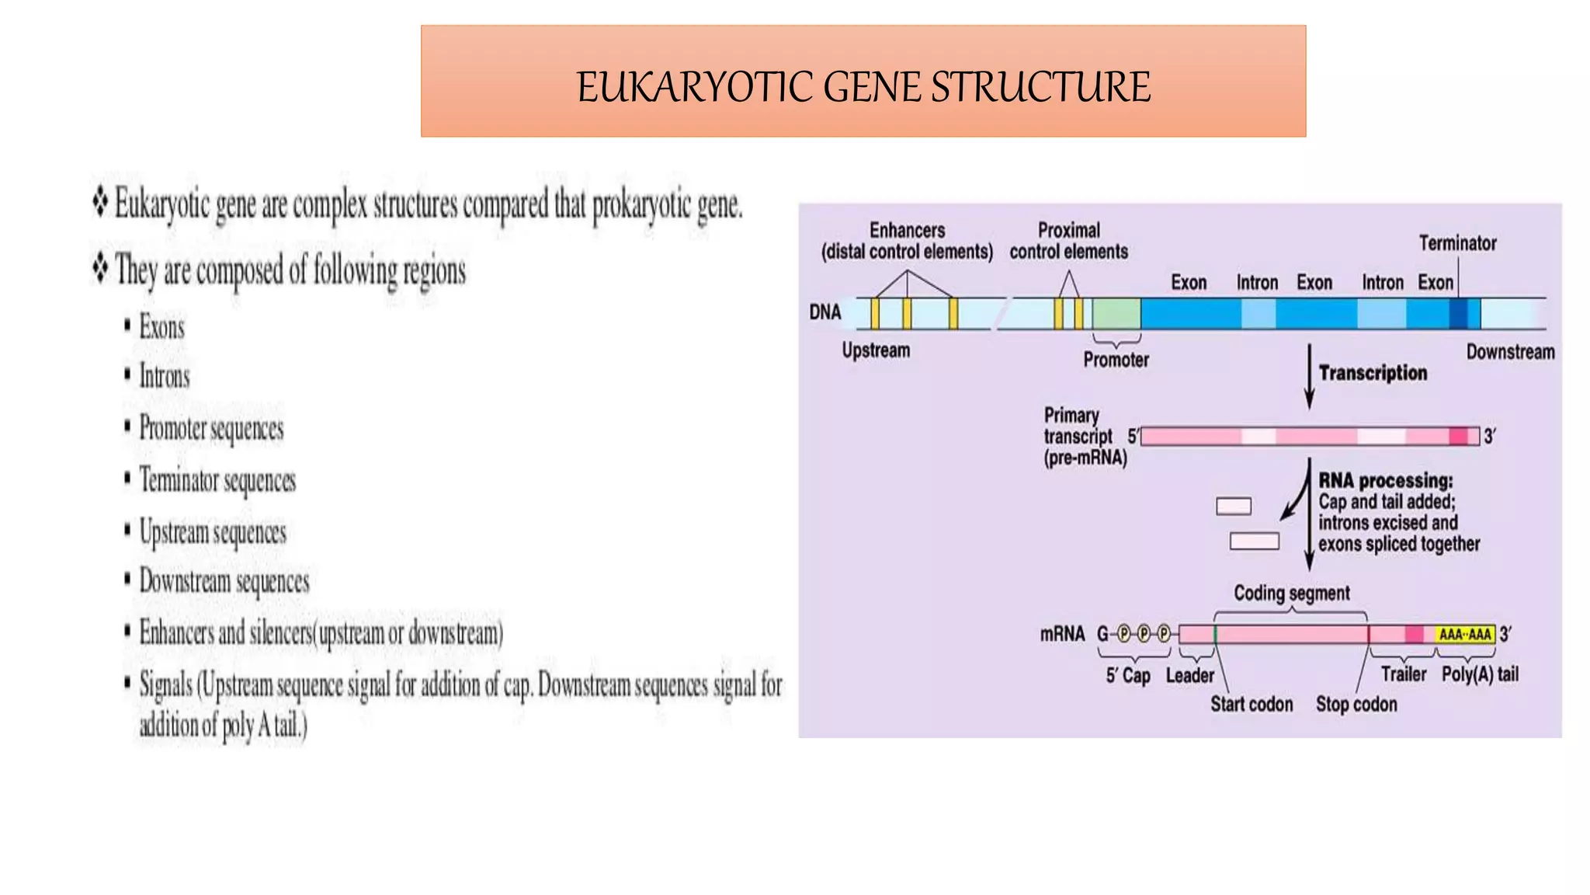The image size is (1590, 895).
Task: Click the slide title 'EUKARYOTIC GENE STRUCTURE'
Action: pyautogui.click(x=863, y=86)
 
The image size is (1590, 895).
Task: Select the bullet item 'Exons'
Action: pyautogui.click(x=161, y=328)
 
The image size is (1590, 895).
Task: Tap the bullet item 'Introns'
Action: pyautogui.click(x=164, y=377)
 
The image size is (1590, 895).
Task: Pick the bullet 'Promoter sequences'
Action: pyautogui.click(x=211, y=429)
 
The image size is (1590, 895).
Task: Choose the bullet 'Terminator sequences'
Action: pyautogui.click(x=217, y=481)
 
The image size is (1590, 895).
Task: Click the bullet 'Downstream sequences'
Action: pyautogui.click(x=224, y=582)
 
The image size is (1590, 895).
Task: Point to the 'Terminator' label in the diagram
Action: pyautogui.click(x=1457, y=243)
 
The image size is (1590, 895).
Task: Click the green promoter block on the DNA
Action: pyautogui.click(x=1116, y=313)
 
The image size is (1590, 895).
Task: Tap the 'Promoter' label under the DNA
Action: pyautogui.click(x=1116, y=360)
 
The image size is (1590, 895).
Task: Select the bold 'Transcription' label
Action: pyautogui.click(x=1373, y=373)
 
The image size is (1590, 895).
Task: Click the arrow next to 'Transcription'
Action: pyautogui.click(x=1309, y=377)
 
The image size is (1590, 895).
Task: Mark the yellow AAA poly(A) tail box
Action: pyautogui.click(x=1464, y=634)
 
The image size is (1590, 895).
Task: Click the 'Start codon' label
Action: pyautogui.click(x=1252, y=704)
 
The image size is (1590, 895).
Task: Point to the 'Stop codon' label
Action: pyautogui.click(x=1356, y=704)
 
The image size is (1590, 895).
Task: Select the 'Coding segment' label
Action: pyautogui.click(x=1292, y=594)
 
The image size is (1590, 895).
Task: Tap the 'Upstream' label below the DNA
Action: pyautogui.click(x=876, y=350)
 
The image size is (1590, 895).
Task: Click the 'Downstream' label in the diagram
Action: pyautogui.click(x=1510, y=352)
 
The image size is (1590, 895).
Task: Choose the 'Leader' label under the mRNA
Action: pyautogui.click(x=1189, y=676)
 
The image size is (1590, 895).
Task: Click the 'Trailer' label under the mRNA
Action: pyautogui.click(x=1403, y=674)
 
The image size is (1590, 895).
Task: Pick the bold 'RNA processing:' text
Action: pyautogui.click(x=1386, y=481)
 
